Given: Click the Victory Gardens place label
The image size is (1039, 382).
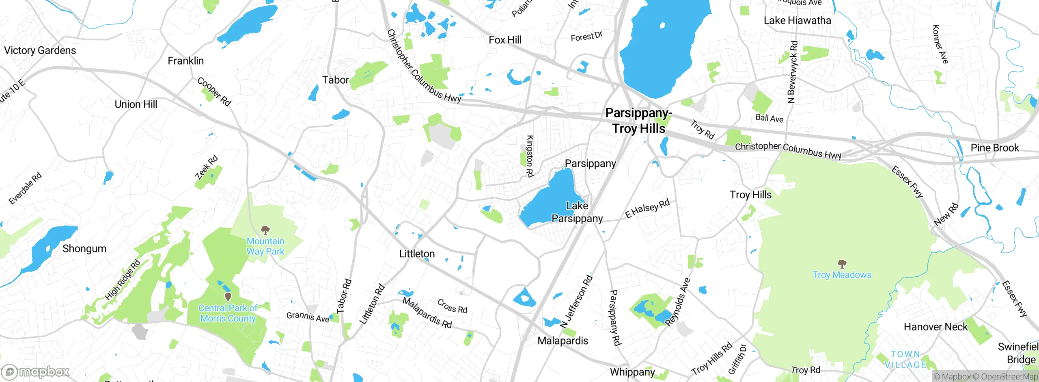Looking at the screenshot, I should [x=40, y=50].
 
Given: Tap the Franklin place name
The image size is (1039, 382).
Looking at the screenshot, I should [x=185, y=61].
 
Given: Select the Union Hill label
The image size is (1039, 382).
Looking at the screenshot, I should [x=136, y=104].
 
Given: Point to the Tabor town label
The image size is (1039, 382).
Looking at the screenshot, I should [x=335, y=80].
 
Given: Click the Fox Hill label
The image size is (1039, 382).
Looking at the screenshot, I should [x=505, y=40].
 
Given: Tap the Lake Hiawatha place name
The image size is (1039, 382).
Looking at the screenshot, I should [x=797, y=20].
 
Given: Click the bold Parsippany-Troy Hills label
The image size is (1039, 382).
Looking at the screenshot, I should [x=638, y=121].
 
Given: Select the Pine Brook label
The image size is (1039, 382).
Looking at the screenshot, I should [x=994, y=148].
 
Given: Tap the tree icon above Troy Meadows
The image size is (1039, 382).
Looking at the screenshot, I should [x=842, y=264].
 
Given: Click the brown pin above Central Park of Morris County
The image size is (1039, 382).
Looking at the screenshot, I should [x=228, y=297].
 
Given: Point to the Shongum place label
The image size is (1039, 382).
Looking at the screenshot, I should [x=84, y=249].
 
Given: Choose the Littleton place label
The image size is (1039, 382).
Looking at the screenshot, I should [x=417, y=254].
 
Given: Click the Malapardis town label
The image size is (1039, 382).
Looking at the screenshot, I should [x=563, y=341].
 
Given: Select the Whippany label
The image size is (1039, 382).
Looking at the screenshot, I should [x=632, y=372].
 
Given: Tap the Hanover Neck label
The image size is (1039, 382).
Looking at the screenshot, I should [x=936, y=327].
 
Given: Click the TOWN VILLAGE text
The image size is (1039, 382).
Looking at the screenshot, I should [x=905, y=360].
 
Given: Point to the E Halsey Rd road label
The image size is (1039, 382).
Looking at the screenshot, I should [x=647, y=209].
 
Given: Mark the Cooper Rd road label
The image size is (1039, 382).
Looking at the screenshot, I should [x=214, y=92].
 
